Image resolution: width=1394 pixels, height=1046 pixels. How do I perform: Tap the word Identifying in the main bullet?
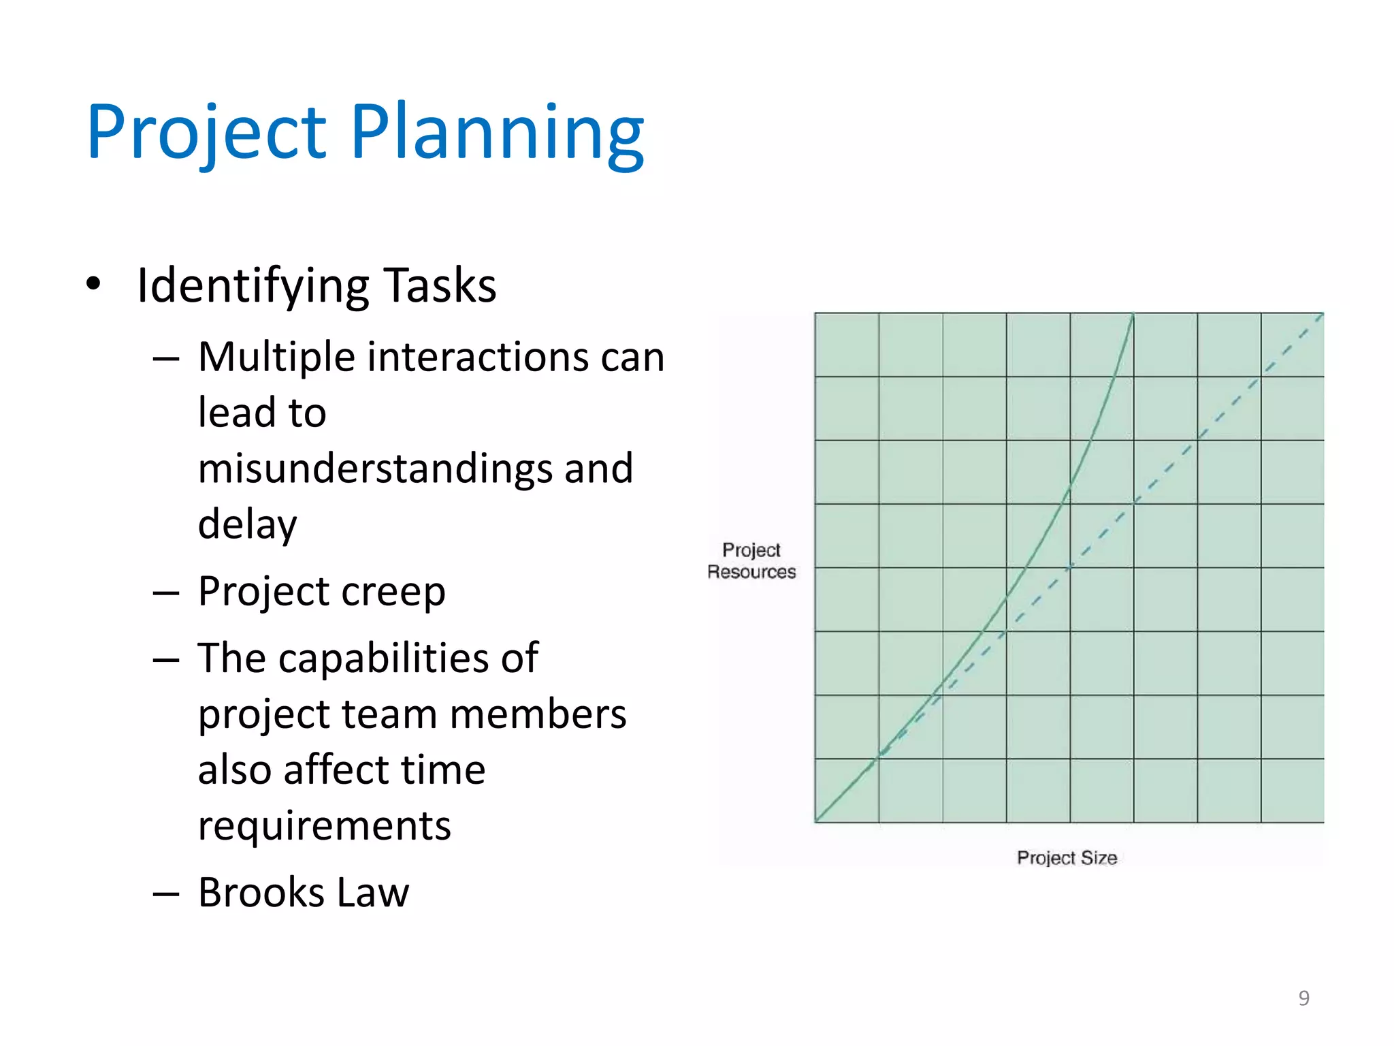click(253, 285)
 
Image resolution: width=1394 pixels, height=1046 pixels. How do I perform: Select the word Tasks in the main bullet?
click(440, 285)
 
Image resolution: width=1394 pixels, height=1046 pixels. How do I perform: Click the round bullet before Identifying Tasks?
click(94, 283)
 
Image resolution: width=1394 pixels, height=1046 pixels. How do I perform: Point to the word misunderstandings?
click(376, 469)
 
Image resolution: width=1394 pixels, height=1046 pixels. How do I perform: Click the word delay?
click(248, 524)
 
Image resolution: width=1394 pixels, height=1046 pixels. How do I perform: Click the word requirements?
click(325, 826)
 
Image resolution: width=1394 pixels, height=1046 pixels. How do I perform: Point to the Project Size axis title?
click(1067, 858)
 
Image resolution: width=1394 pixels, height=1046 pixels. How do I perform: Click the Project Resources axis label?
click(751, 561)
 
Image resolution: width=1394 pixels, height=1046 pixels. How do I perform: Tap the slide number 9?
click(1303, 998)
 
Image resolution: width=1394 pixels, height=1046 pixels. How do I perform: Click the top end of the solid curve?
click(1133, 315)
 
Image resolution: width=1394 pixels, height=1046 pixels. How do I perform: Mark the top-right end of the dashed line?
click(1321, 315)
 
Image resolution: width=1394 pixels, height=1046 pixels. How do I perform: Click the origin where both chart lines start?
click(816, 821)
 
